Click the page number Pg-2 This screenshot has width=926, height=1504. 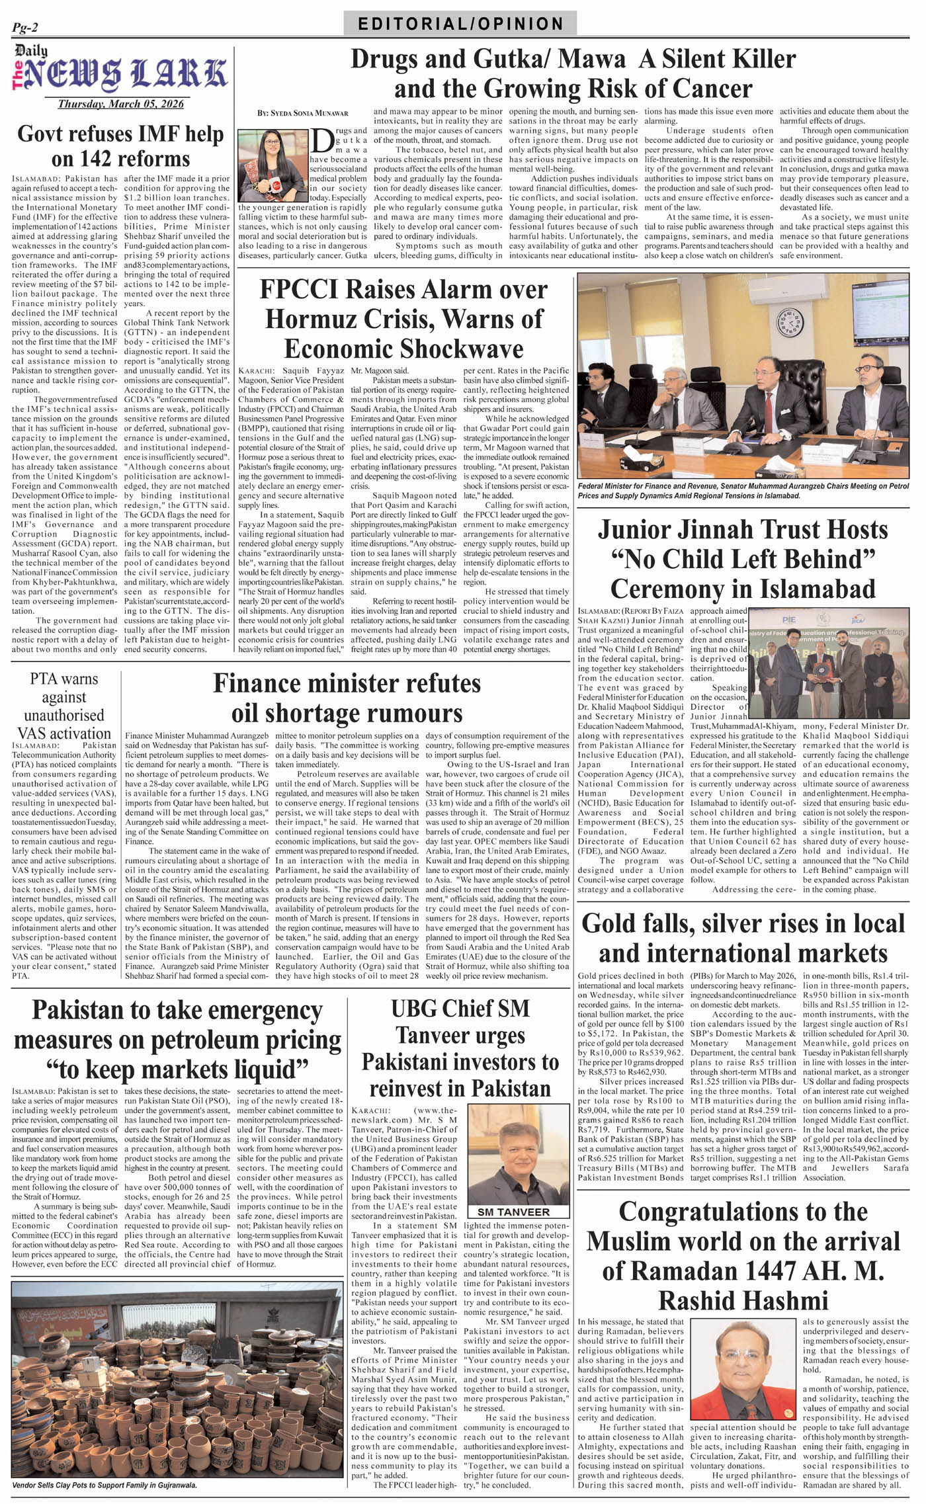25,27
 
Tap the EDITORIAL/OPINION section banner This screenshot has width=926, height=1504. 460,24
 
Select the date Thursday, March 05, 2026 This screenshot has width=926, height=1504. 120,104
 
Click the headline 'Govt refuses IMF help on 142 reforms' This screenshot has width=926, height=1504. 120,146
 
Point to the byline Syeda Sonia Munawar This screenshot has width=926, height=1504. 303,113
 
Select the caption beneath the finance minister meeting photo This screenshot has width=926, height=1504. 743,490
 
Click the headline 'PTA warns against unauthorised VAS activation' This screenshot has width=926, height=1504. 64,706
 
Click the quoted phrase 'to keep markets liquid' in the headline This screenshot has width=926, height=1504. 177,1069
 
